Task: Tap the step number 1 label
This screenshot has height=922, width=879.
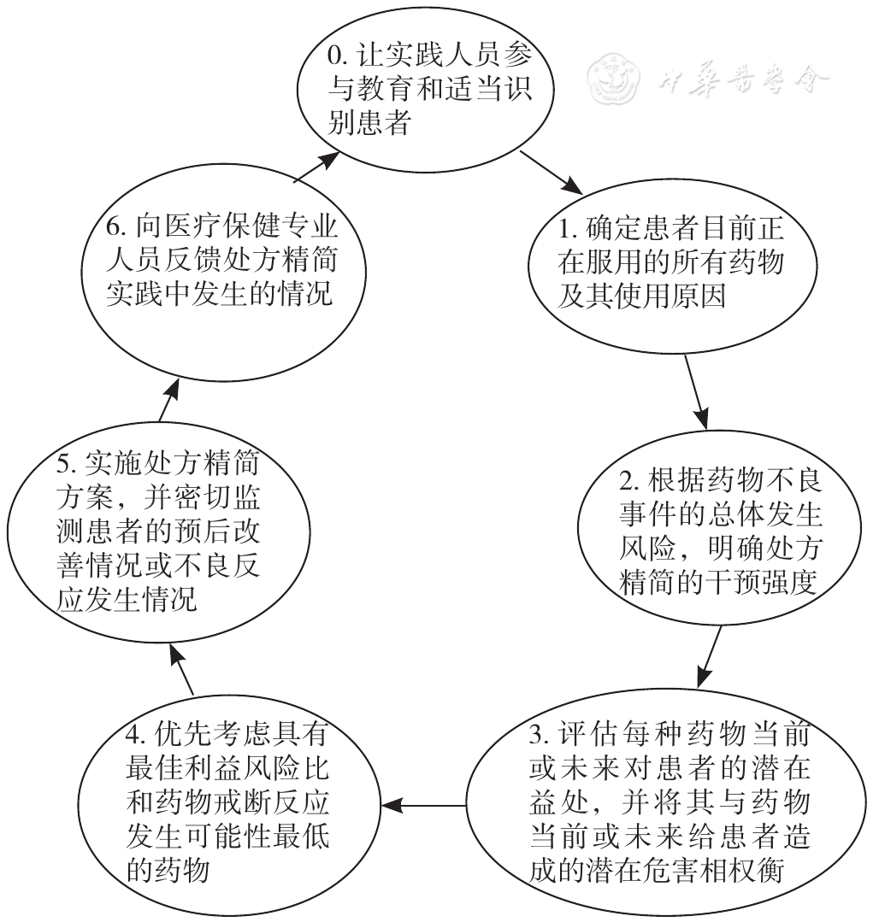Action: (x=567, y=229)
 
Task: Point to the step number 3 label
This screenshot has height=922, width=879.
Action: (x=540, y=734)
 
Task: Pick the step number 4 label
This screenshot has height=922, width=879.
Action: (x=136, y=734)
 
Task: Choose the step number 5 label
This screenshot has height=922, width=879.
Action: (x=67, y=465)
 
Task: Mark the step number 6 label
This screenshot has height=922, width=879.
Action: (x=116, y=227)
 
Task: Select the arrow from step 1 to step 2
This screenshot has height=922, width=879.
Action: (x=695, y=392)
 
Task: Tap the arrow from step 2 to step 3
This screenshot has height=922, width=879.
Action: (x=710, y=657)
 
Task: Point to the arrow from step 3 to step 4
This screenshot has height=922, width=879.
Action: (x=423, y=805)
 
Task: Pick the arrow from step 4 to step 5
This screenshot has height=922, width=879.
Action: (x=181, y=668)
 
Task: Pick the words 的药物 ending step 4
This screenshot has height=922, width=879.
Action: (x=168, y=870)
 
